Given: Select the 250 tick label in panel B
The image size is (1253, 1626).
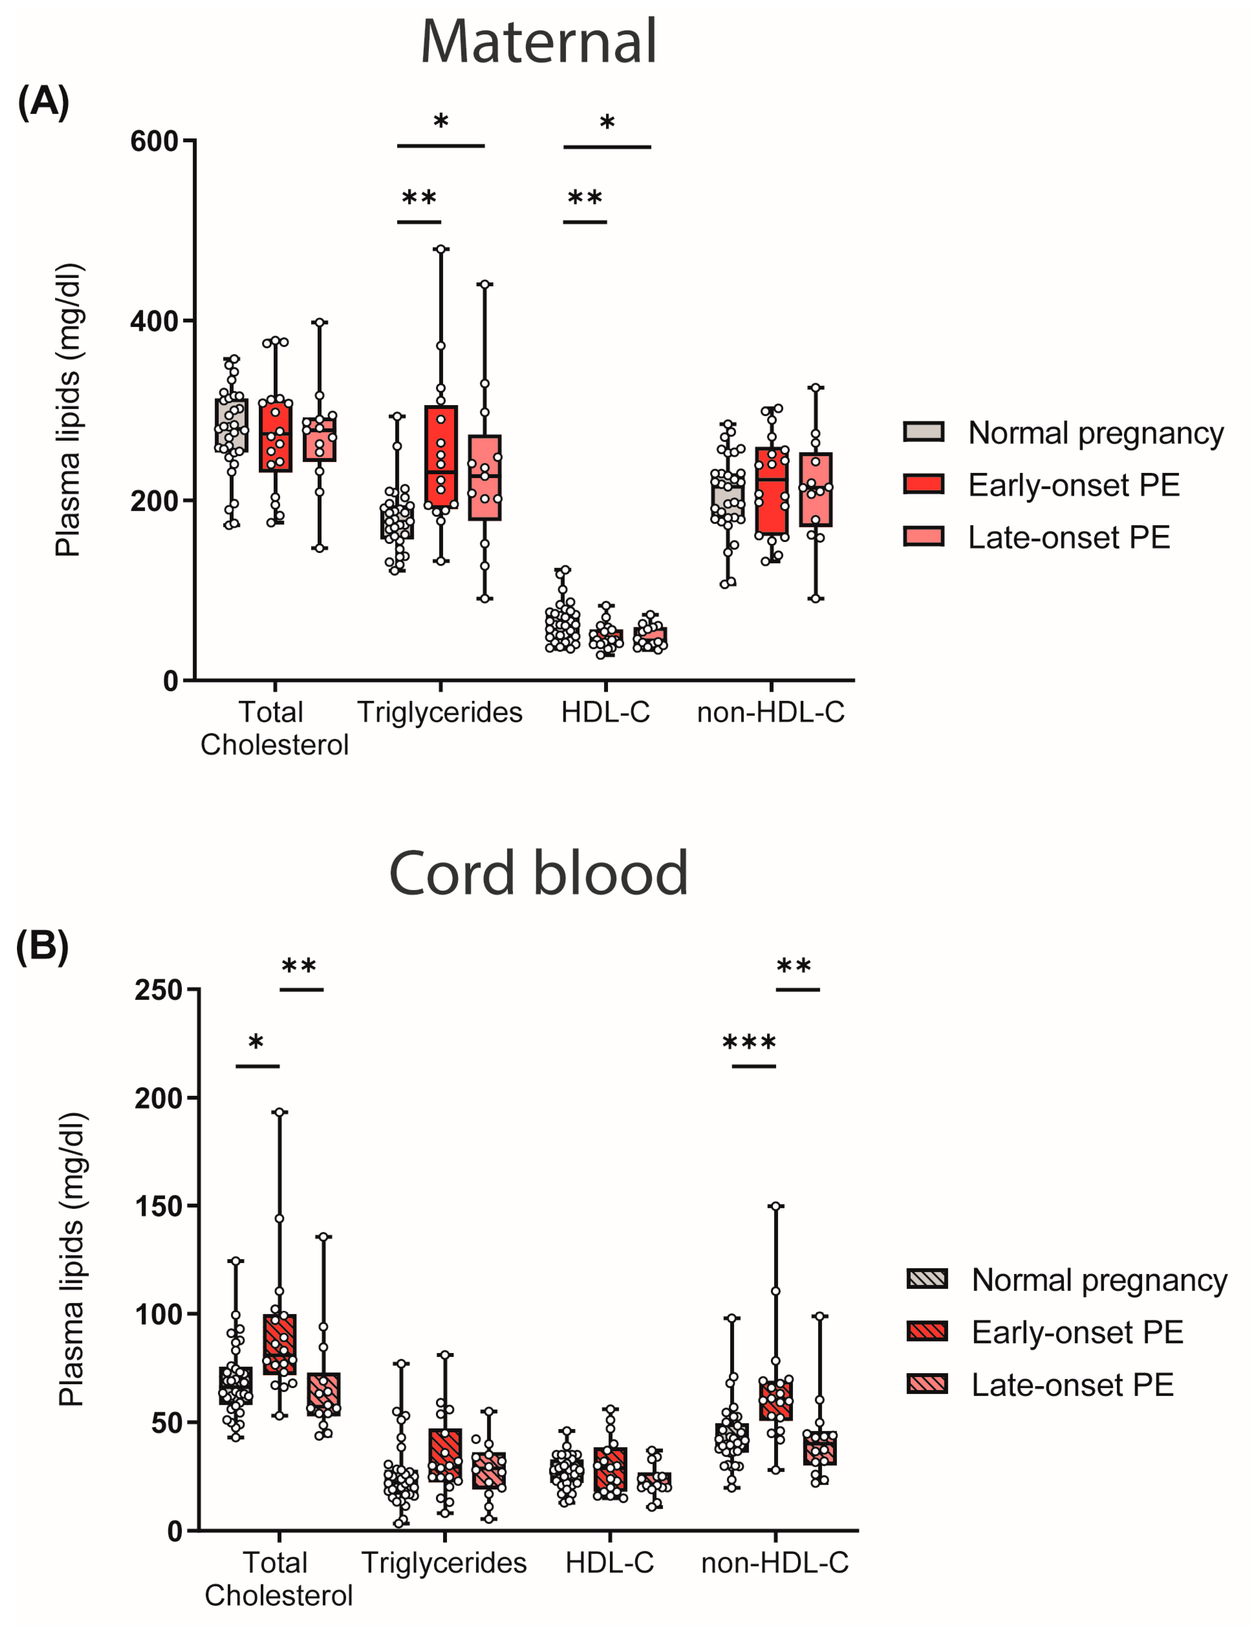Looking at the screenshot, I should click(x=158, y=990).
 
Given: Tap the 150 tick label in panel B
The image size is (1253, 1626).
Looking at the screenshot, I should click(x=158, y=1206).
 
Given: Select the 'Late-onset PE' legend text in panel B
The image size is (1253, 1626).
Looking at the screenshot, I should click(x=1072, y=1384).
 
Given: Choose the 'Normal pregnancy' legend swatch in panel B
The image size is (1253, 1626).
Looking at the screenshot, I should click(x=927, y=1279).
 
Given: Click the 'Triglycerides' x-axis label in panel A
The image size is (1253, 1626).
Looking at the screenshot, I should click(x=440, y=712).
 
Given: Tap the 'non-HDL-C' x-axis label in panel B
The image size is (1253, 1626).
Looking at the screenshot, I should click(x=774, y=1563).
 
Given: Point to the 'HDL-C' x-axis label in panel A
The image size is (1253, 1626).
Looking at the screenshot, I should click(x=605, y=712).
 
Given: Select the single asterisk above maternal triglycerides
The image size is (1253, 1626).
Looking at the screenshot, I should click(x=441, y=121).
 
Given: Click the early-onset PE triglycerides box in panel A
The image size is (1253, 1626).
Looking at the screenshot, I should click(x=441, y=456).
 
